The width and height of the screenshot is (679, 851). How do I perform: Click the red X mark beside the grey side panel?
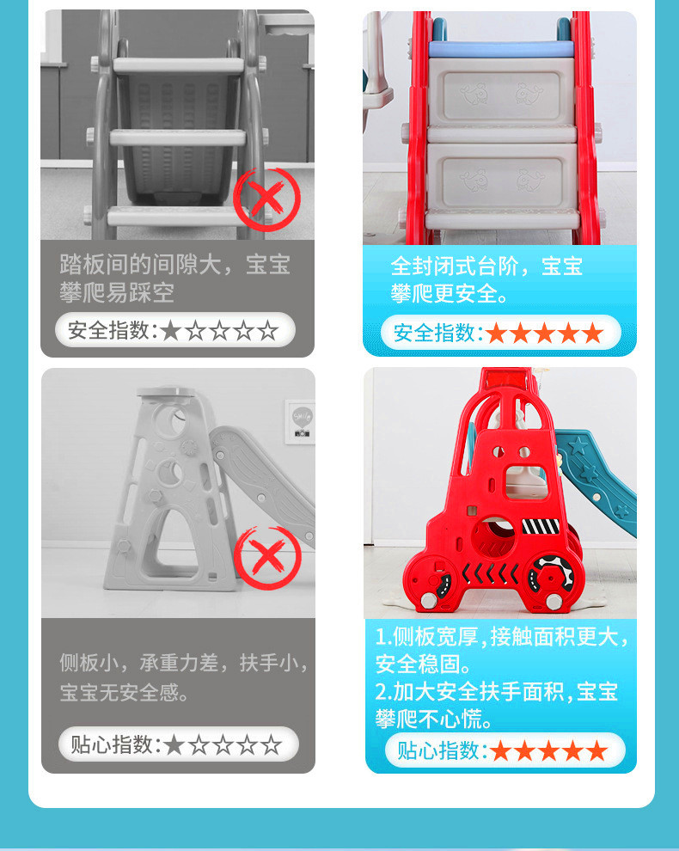coord(267,557)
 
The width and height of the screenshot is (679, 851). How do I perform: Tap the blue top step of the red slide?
coord(501,48)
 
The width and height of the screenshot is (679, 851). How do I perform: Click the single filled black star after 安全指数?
coord(171,331)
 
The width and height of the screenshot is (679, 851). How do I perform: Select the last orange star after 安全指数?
coord(593,333)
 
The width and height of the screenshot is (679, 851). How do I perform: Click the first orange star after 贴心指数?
coord(500,751)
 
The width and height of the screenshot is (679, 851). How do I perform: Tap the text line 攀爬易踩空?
coord(117,293)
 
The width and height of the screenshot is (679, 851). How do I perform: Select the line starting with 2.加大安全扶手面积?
coord(497,692)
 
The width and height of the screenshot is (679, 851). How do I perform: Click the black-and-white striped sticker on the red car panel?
coord(541,526)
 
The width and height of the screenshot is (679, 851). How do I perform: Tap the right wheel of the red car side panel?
coord(553,579)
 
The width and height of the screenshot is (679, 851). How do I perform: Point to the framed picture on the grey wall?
coord(300,422)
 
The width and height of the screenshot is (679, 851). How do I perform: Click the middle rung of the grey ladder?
coord(178,138)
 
